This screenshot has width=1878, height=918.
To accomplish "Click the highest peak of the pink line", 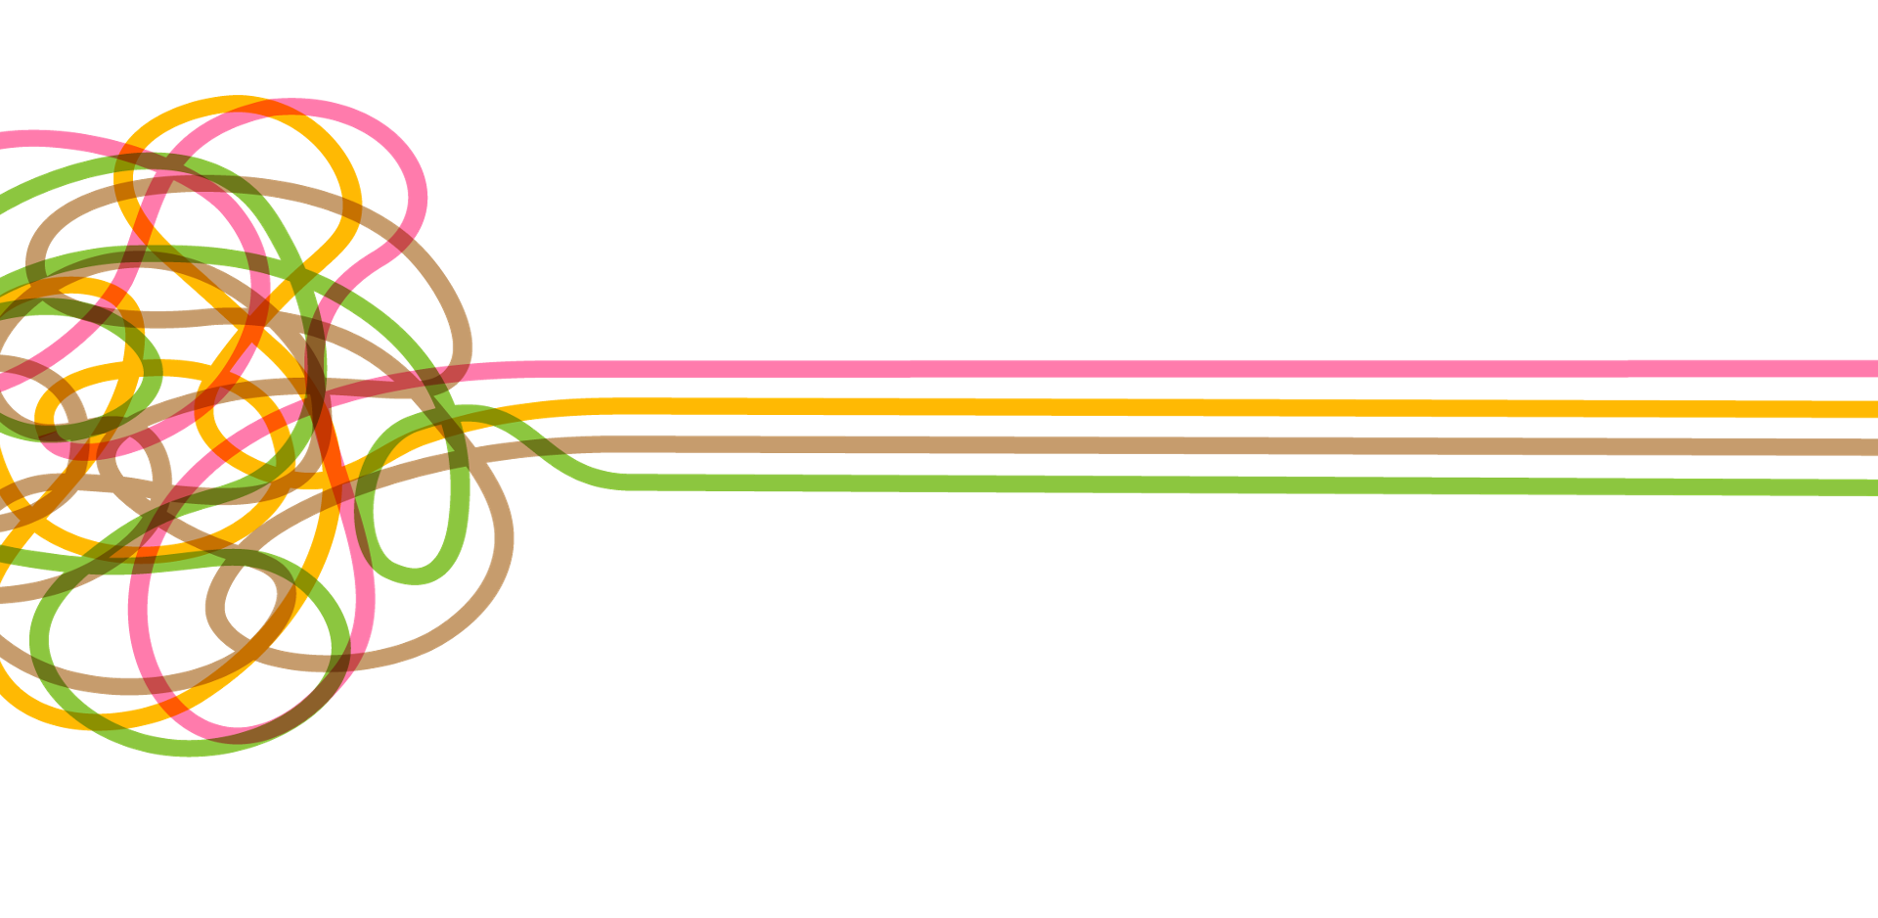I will [x=293, y=104].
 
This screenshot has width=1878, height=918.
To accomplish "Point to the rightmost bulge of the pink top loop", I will [x=421, y=191].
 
